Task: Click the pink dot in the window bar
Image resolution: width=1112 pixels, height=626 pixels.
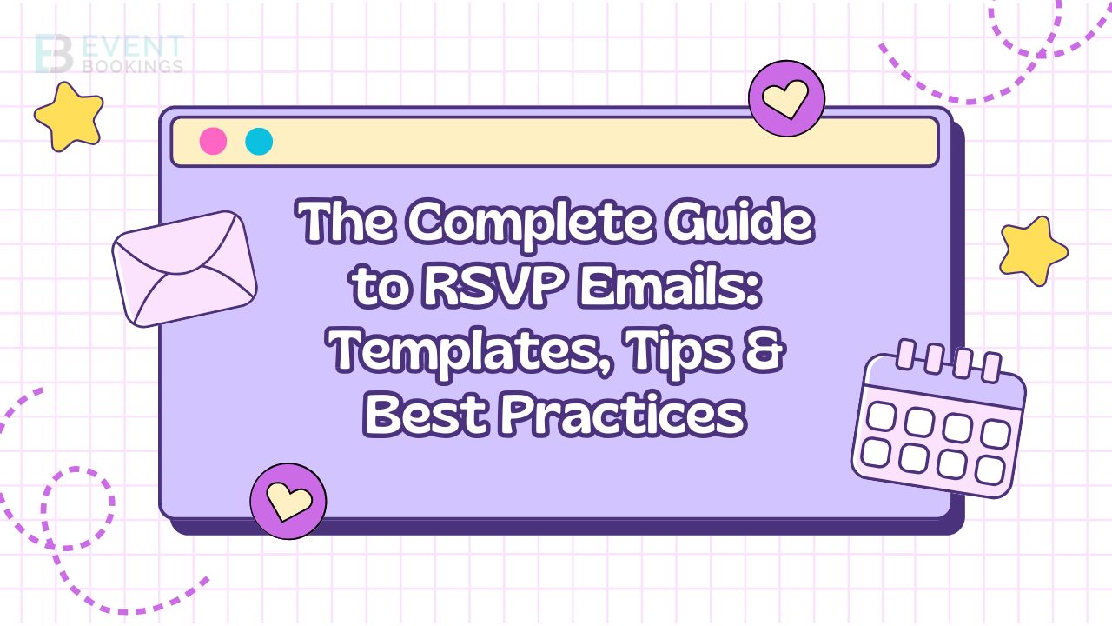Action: [x=213, y=141]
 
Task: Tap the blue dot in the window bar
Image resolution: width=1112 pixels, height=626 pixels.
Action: [x=259, y=141]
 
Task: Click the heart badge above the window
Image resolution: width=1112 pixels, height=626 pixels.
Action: [x=786, y=98]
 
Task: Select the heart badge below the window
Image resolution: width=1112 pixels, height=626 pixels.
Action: [x=288, y=501]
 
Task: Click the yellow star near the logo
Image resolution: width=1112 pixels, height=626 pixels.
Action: [x=69, y=117]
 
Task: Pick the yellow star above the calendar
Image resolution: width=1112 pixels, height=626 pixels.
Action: [x=1034, y=251]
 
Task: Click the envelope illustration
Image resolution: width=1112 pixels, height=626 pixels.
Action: [x=184, y=269]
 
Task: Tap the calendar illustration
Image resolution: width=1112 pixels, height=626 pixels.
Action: [x=938, y=419]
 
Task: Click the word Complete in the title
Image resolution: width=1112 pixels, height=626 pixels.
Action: [x=530, y=222]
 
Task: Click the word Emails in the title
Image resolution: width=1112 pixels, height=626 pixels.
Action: [x=670, y=286]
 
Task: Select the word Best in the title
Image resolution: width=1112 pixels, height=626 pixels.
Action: [x=426, y=413]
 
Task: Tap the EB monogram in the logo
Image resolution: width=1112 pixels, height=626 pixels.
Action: [x=54, y=54]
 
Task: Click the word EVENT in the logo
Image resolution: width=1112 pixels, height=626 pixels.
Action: [x=132, y=47]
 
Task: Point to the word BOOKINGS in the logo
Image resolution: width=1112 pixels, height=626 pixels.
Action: [x=133, y=66]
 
